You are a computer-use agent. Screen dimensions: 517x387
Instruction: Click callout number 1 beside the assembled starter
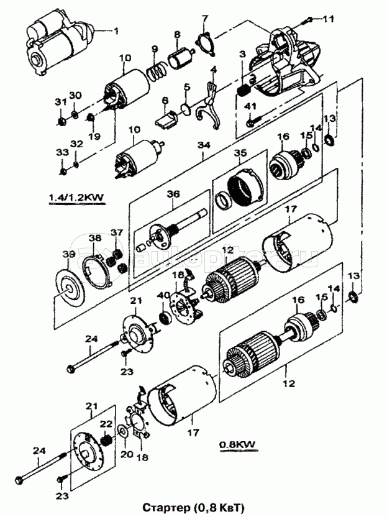[x=113, y=30]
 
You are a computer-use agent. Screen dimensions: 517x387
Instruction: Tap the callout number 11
[x=328, y=20]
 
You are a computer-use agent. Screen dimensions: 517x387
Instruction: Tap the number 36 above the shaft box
[x=173, y=194]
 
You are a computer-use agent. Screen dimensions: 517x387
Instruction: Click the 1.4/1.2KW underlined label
[x=75, y=198]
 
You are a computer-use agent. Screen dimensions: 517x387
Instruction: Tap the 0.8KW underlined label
[x=237, y=445]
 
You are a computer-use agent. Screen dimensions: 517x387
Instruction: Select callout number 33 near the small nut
[x=62, y=152]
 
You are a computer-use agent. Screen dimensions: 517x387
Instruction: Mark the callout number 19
[x=94, y=135]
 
